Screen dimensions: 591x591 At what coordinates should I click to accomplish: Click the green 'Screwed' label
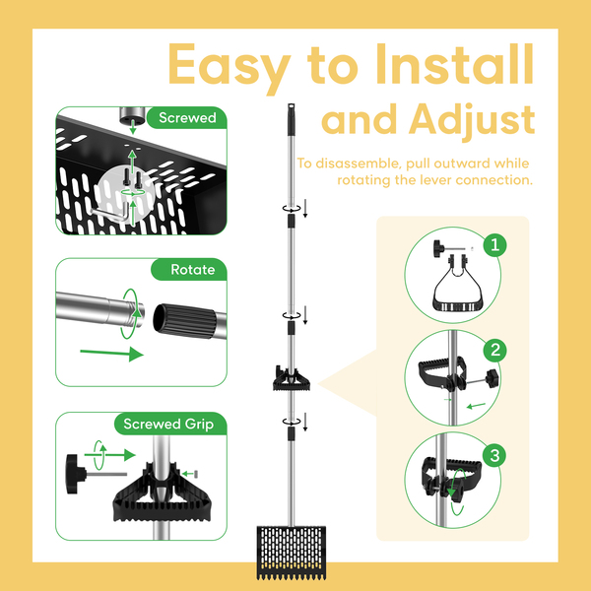(186, 118)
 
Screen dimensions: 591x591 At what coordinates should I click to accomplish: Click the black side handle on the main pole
(293, 378)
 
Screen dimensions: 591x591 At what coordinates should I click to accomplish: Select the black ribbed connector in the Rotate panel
(186, 318)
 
